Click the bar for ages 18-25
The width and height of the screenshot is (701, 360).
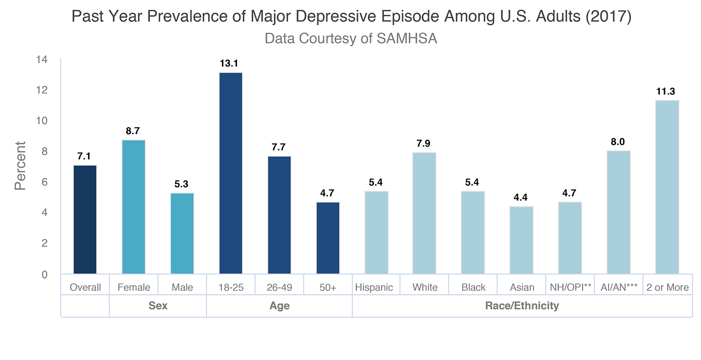[x=231, y=173]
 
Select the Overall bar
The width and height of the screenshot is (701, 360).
[x=85, y=220]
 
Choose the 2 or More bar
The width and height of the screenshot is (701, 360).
[x=667, y=187]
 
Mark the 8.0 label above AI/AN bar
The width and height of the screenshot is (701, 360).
[x=618, y=142]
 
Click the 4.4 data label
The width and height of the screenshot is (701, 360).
[x=522, y=197]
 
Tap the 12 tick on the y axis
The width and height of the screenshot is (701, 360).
[x=43, y=90]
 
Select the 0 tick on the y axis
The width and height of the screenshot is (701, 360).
[x=45, y=274]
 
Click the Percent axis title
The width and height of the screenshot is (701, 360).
[x=20, y=166]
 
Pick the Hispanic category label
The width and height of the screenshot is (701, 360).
[x=374, y=288]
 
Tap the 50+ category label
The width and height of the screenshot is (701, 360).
[x=328, y=288]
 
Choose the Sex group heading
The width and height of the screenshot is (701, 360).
[x=158, y=306]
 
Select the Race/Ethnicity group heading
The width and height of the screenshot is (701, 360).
[x=522, y=306]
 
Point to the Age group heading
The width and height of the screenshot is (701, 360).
[x=279, y=306]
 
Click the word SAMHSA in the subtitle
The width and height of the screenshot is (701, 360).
[x=407, y=38]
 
